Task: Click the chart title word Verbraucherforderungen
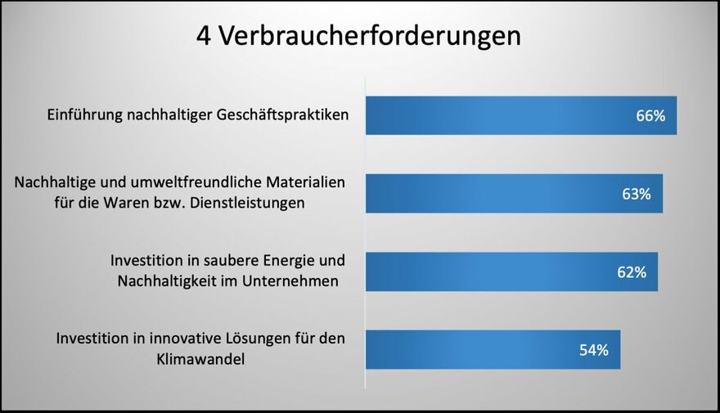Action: click(370, 36)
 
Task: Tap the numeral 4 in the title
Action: click(204, 36)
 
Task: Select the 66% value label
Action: click(650, 115)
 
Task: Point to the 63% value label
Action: click(636, 194)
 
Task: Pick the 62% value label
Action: click(632, 272)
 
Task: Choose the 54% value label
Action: click(594, 350)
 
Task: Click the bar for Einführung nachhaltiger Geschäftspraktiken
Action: click(521, 115)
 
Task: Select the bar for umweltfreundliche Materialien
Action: click(515, 193)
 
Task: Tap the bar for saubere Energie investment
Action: click(511, 272)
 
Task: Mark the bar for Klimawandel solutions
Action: click(493, 350)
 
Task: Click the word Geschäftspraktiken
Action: click(282, 114)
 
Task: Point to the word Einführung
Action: click(84, 114)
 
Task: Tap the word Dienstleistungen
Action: click(247, 203)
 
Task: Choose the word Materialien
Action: click(305, 182)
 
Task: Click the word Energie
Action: click(288, 261)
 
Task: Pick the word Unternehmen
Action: click(290, 281)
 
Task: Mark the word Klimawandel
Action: click(200, 359)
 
